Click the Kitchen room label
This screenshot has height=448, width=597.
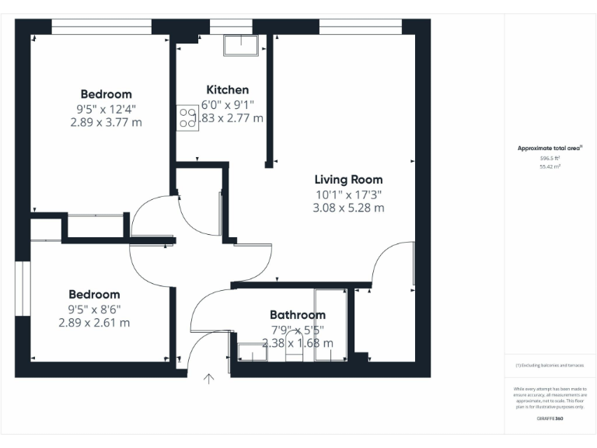click(x=227, y=90)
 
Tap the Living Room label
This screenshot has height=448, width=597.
click(x=348, y=180)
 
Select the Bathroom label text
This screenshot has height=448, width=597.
click(x=297, y=315)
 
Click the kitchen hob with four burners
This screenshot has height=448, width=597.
click(x=187, y=117)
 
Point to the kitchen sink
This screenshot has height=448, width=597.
click(x=239, y=45)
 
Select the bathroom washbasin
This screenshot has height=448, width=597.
click(x=252, y=353)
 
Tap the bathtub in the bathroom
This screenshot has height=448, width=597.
click(x=330, y=325)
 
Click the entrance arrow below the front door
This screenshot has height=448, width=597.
click(x=208, y=380)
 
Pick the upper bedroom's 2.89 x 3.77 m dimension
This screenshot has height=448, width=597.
click(x=106, y=122)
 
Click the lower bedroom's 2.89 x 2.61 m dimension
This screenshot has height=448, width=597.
click(x=94, y=323)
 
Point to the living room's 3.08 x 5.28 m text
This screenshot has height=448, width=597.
click(x=348, y=208)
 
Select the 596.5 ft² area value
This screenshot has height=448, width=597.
click(x=550, y=158)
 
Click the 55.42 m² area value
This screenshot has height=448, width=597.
click(x=550, y=166)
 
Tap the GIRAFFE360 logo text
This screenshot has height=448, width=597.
click(x=550, y=418)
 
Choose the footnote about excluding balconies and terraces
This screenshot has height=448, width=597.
click(x=550, y=365)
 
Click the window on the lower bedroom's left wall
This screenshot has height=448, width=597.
click(x=23, y=289)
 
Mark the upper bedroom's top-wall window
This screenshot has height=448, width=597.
click(x=101, y=26)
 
